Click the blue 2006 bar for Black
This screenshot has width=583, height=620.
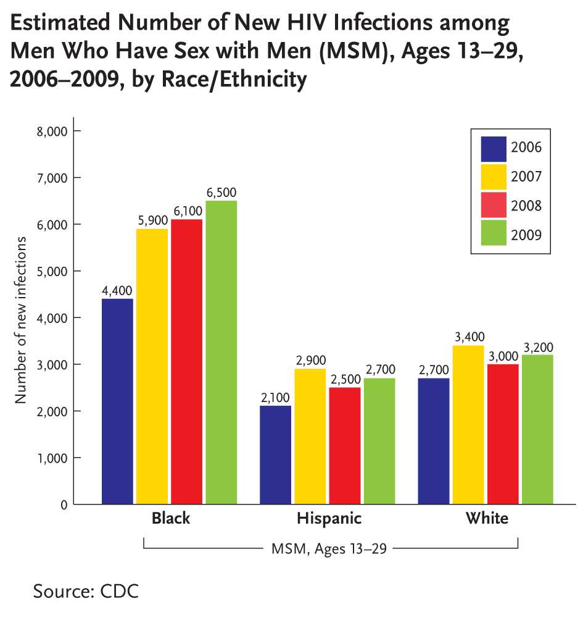117,401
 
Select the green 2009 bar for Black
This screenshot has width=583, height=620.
221,352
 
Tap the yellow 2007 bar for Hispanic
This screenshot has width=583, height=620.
310,436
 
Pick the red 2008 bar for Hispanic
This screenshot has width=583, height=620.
345,445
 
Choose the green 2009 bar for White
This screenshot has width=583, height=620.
537,429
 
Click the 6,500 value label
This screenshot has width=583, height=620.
221,193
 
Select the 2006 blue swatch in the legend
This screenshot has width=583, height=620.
494,148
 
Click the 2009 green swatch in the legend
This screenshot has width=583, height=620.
494,234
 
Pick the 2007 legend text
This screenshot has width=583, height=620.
526,177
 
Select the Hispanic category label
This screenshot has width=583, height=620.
328,519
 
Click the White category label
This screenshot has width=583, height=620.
487,519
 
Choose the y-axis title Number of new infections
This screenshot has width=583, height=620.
22,319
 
